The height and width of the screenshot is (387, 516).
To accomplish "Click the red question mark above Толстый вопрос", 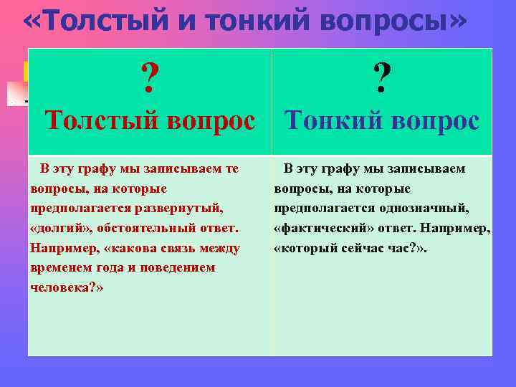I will pos(150,78).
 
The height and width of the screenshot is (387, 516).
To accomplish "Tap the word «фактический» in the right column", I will pos(317,229).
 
